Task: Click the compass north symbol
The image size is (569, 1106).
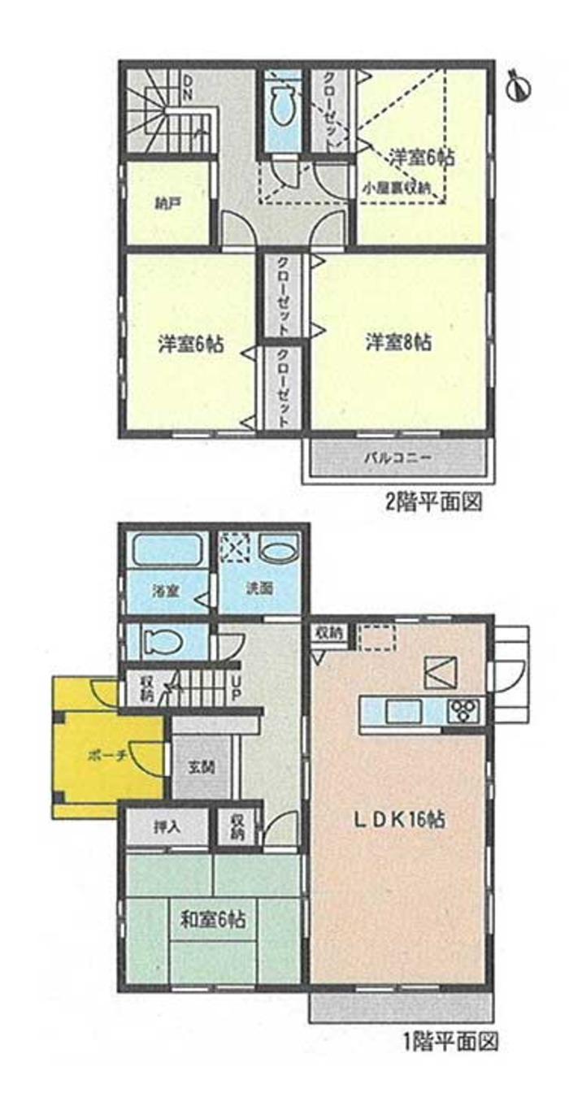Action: (517, 85)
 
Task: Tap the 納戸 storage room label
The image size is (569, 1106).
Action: (168, 204)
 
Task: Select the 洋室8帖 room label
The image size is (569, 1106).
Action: (397, 343)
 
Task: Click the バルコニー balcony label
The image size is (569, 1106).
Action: (397, 460)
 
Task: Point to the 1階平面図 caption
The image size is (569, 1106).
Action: (450, 1039)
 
